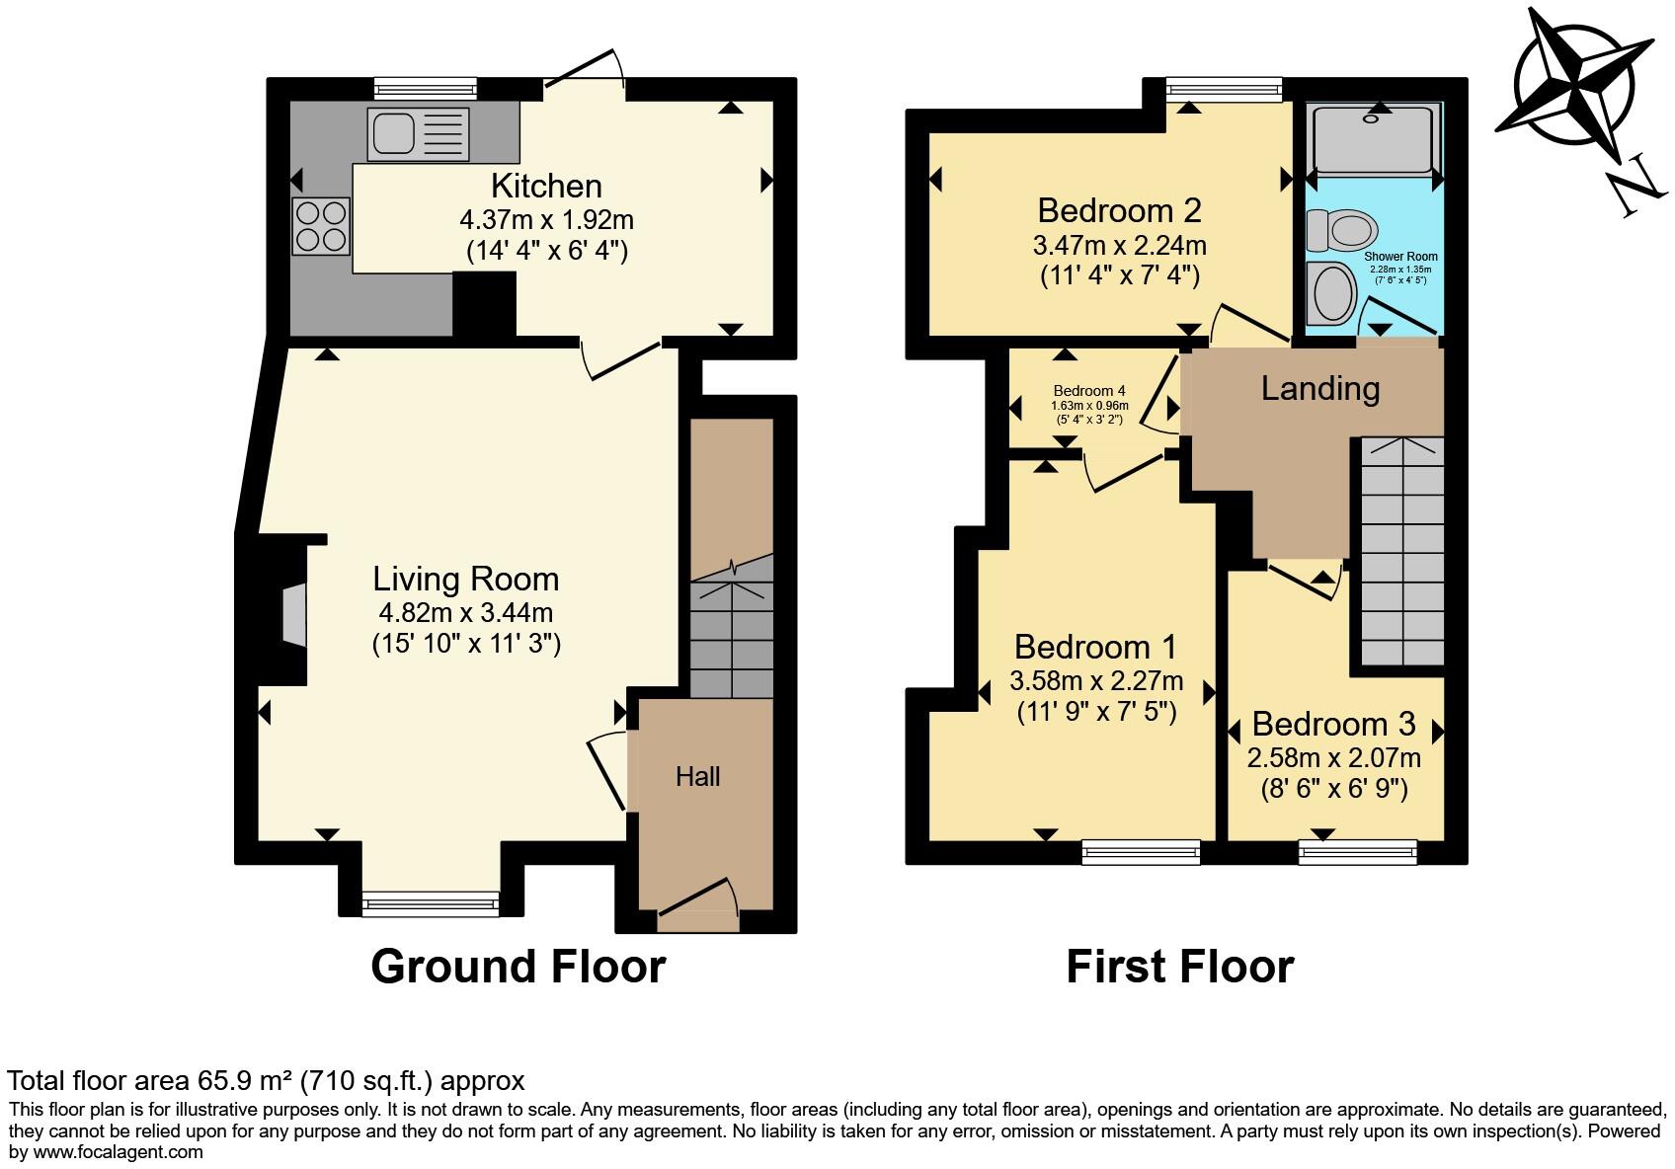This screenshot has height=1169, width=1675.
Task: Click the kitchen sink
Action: [416, 134]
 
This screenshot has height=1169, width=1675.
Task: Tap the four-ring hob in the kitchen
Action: [321, 226]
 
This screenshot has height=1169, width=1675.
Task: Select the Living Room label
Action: [465, 579]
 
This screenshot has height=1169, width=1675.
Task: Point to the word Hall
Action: [697, 777]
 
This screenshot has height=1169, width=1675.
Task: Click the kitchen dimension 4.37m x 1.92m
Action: [546, 219]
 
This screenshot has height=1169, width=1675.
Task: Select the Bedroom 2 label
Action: [1119, 210]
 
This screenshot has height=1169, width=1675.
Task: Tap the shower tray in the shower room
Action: [1372, 138]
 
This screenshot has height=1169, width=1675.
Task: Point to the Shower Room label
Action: [1400, 257]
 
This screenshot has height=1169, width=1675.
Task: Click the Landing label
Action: [1319, 389]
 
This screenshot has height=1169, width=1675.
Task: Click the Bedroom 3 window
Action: [1357, 850]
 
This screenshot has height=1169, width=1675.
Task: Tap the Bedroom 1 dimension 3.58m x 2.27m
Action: [1096, 681]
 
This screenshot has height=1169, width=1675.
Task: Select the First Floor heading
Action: [1179, 967]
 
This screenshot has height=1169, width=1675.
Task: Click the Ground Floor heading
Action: [518, 967]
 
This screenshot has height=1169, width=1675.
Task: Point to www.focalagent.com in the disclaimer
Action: [119, 1151]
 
